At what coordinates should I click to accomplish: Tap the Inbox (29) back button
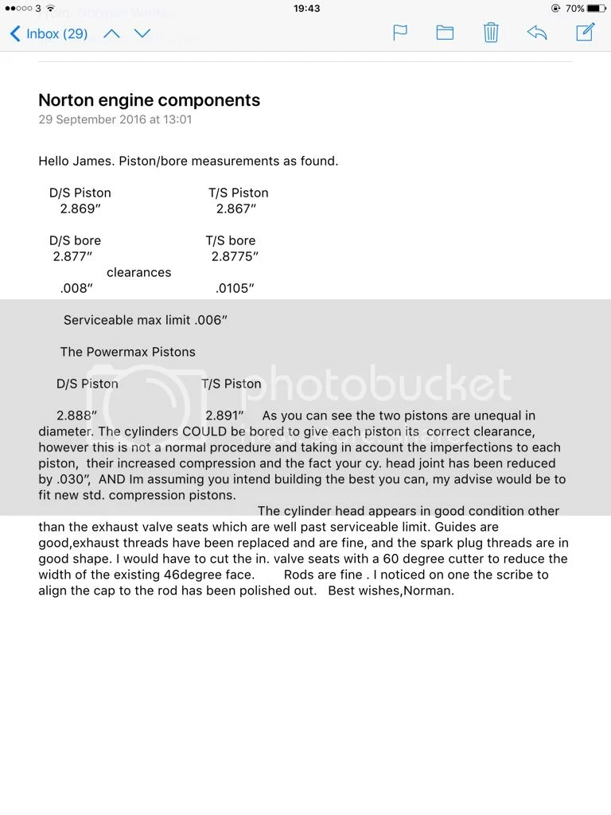(x=48, y=34)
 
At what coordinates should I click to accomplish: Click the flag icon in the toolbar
(x=400, y=33)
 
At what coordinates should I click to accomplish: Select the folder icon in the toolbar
(x=445, y=33)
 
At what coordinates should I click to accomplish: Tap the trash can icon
(x=491, y=33)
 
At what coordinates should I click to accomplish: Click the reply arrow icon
(x=537, y=33)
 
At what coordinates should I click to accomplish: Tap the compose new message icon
(x=585, y=33)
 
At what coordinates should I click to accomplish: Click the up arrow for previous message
(x=111, y=33)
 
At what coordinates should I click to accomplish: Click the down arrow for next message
(x=142, y=33)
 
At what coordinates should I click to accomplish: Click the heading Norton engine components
(x=149, y=100)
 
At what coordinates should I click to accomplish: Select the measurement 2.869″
(x=80, y=209)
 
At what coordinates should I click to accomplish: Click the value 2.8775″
(x=235, y=256)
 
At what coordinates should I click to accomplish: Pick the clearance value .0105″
(x=235, y=288)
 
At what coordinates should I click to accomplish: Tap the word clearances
(x=138, y=272)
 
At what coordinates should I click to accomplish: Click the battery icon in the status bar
(x=597, y=8)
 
